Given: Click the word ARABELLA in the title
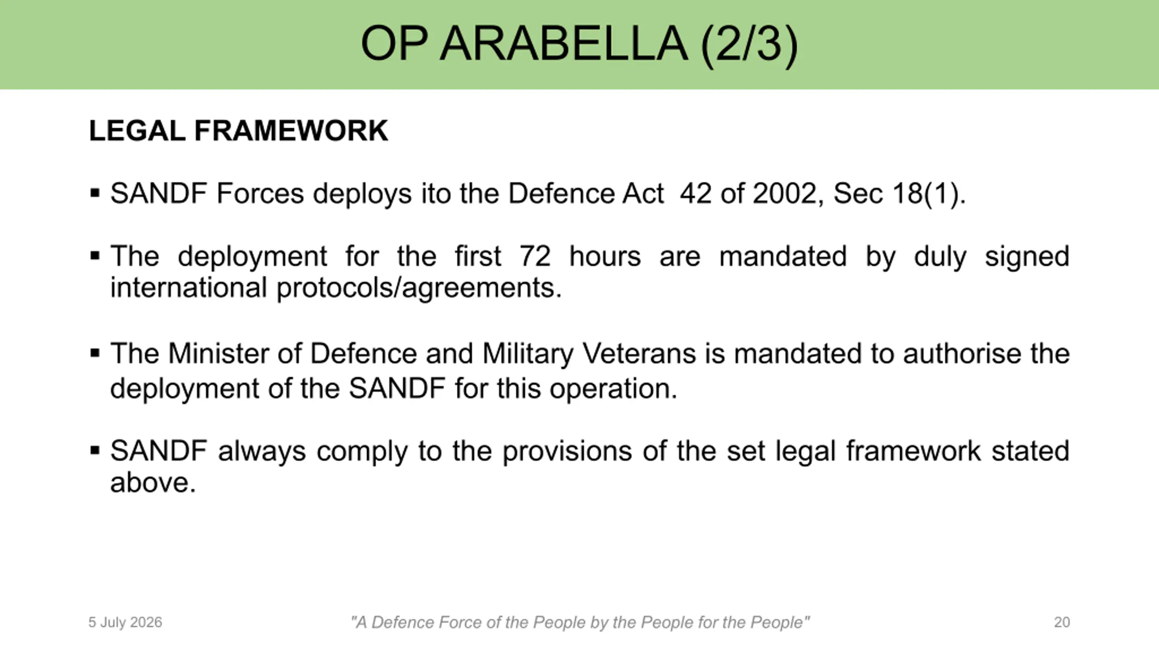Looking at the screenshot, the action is tap(564, 44).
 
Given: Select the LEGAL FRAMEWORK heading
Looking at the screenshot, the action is tap(239, 131).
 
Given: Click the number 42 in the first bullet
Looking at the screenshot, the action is tap(695, 193).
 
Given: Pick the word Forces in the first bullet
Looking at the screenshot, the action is tap(260, 193).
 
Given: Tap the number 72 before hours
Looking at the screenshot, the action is tap(535, 256).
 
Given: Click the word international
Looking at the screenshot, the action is tap(189, 288).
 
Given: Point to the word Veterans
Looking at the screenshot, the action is tap(639, 354).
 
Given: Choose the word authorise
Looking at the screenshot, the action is tap(962, 354).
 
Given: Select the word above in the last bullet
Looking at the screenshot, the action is tap(153, 482).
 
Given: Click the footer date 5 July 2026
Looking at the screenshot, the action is tap(125, 623).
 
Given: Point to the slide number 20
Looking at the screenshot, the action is tap(1062, 622).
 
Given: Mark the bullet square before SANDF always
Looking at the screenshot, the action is tap(95, 451).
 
